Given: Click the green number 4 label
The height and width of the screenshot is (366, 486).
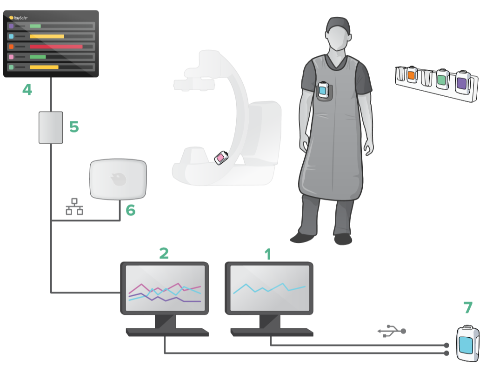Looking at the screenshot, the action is [27, 90].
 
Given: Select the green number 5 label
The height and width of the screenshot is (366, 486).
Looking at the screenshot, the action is [74, 127].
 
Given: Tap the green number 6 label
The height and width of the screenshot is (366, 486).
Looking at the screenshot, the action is [131, 210].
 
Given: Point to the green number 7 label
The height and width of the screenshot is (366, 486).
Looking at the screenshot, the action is [468, 307].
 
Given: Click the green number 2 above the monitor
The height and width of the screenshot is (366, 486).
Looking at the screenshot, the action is [164, 253].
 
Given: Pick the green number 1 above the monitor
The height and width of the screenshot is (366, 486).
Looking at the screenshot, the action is [268, 254].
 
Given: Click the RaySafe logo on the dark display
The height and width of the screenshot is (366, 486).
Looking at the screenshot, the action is [18, 18].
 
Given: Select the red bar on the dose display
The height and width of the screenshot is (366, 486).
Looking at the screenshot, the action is [56, 47].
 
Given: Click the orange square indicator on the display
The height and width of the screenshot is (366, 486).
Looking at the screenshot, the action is [11, 47].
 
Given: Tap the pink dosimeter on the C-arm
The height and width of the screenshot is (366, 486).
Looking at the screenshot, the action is [221, 158].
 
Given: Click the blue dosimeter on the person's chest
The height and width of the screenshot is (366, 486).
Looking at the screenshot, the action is [323, 90].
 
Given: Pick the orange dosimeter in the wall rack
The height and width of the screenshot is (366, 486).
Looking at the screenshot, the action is [412, 75].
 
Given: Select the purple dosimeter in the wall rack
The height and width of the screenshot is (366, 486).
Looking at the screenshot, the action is [462, 82].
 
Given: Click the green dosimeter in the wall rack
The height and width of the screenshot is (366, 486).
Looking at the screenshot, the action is [442, 79].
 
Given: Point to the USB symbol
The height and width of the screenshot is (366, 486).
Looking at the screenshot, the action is [392, 331].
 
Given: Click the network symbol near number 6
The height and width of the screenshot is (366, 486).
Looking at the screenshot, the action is [74, 206].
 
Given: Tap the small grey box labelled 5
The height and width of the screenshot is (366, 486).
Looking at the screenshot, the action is [51, 127].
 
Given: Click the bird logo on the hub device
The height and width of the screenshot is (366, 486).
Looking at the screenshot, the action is [119, 179].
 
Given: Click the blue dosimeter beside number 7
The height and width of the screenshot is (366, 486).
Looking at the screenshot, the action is [467, 343].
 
